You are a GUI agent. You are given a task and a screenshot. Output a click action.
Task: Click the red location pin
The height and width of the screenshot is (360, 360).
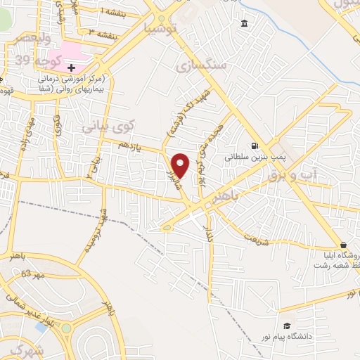tap(181, 165)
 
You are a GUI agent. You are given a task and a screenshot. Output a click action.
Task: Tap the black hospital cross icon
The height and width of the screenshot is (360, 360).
tap(72, 67)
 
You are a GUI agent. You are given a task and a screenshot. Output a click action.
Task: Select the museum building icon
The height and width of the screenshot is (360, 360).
tap(244, 25)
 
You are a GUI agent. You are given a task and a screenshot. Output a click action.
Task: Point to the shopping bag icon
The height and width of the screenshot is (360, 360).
tap(342, 245)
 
